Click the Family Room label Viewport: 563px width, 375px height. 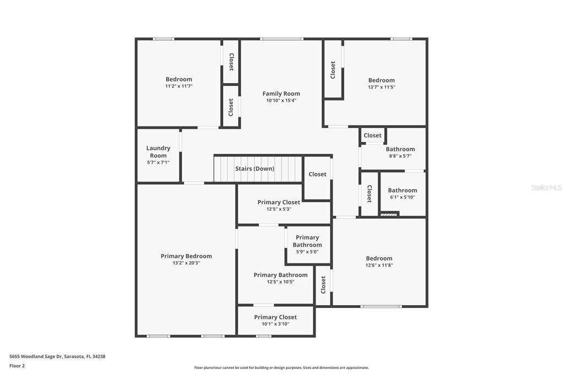pyautogui.click(x=281, y=93)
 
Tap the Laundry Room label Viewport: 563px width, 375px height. pyautogui.click(x=158, y=152)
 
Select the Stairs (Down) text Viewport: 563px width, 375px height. pyautogui.click(x=255, y=168)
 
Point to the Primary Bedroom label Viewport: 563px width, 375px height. pyautogui.click(x=186, y=256)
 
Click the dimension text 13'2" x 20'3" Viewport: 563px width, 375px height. pyautogui.click(x=186, y=263)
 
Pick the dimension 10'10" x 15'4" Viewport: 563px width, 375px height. pyautogui.click(x=281, y=101)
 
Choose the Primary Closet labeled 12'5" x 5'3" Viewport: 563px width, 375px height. pyautogui.click(x=279, y=202)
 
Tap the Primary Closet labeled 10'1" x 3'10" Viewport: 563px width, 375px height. pyautogui.click(x=275, y=317)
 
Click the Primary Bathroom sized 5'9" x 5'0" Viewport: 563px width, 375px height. pyautogui.click(x=307, y=241)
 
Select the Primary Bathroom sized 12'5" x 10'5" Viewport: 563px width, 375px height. pyautogui.click(x=280, y=275)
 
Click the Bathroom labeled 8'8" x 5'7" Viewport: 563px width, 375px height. pyautogui.click(x=400, y=149)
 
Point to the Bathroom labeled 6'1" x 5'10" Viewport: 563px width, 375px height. pyautogui.click(x=402, y=190)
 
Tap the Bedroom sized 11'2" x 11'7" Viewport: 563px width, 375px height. pyautogui.click(x=179, y=79)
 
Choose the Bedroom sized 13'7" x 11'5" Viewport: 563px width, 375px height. pyautogui.click(x=381, y=80)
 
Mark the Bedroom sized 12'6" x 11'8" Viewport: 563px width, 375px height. pyautogui.click(x=379, y=258)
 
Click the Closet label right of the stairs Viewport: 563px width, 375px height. pyautogui.click(x=317, y=174)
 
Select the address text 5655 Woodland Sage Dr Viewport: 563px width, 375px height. pyautogui.click(x=57, y=356)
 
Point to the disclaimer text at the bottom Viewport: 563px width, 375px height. pyautogui.click(x=281, y=368)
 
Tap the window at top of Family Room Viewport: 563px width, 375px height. pyautogui.click(x=281, y=39)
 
